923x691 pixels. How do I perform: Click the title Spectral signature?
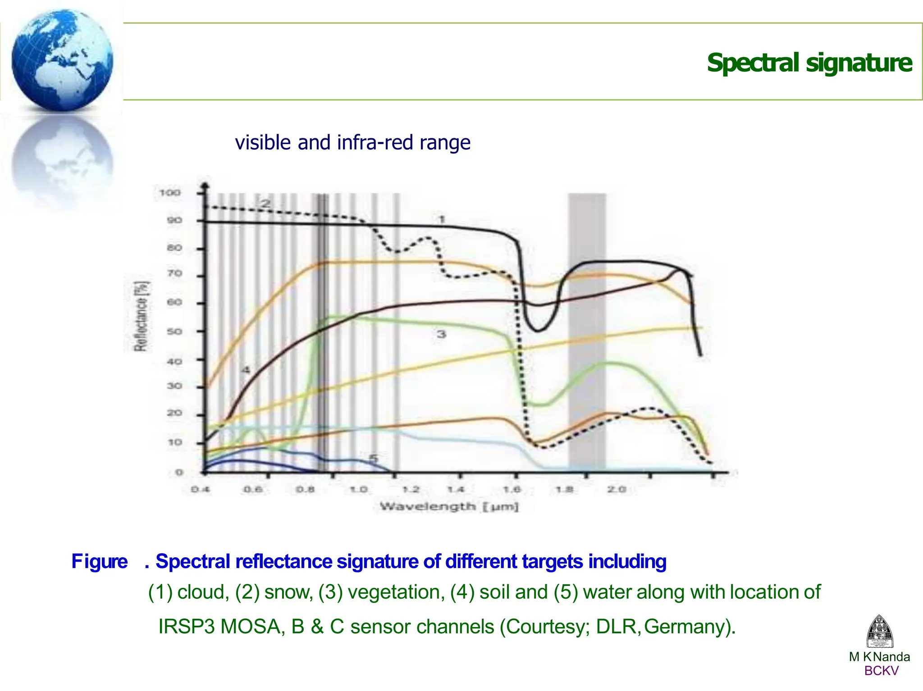point(809,63)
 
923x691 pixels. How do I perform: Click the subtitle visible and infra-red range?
point(352,142)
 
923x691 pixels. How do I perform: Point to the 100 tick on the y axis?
point(169,193)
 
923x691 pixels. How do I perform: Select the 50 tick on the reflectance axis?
point(174,332)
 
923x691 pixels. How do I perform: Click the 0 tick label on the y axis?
point(179,472)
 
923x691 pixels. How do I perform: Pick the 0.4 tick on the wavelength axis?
point(200,489)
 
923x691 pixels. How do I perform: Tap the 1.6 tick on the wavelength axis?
point(512,489)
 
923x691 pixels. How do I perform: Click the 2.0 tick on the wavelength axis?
point(616,489)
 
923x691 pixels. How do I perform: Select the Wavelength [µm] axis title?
point(449,506)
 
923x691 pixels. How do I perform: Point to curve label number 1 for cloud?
point(442,219)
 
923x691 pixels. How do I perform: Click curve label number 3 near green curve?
point(441,334)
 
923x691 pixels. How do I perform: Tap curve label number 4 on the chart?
point(245,370)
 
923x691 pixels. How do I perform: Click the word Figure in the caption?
point(100,561)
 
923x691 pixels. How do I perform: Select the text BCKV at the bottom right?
point(881,671)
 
